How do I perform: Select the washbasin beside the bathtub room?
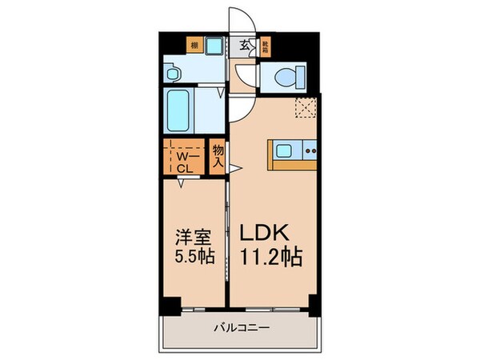174,72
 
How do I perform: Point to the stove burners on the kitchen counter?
310,150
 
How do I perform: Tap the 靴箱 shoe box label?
265,45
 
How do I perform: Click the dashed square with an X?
305,107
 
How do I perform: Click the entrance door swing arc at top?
242,21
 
